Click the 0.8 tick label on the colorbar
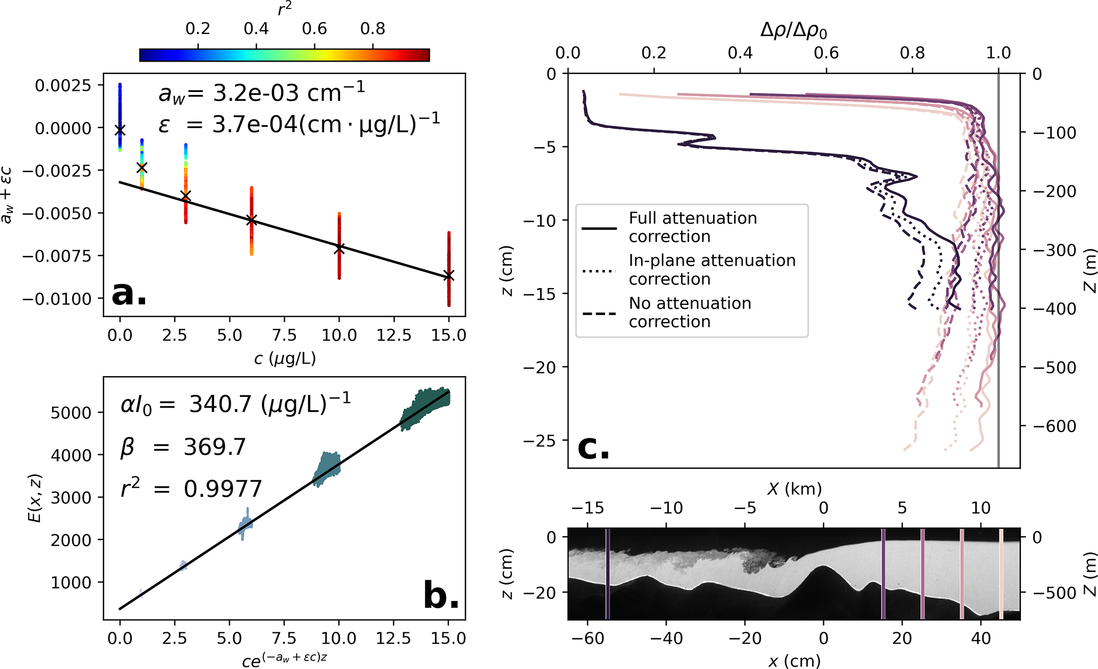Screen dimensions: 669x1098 [x=372, y=29]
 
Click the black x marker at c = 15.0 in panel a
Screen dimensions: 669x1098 [x=449, y=275]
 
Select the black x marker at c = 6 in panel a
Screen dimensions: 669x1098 [x=252, y=220]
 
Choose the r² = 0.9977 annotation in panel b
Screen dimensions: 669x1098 [x=191, y=488]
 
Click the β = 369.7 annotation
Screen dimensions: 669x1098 [x=183, y=447]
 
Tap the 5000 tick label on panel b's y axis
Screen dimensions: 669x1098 [x=71, y=413]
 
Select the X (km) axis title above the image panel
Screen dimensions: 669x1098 [x=794, y=488]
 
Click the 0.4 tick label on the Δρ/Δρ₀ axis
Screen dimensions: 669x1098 [x=740, y=53]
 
